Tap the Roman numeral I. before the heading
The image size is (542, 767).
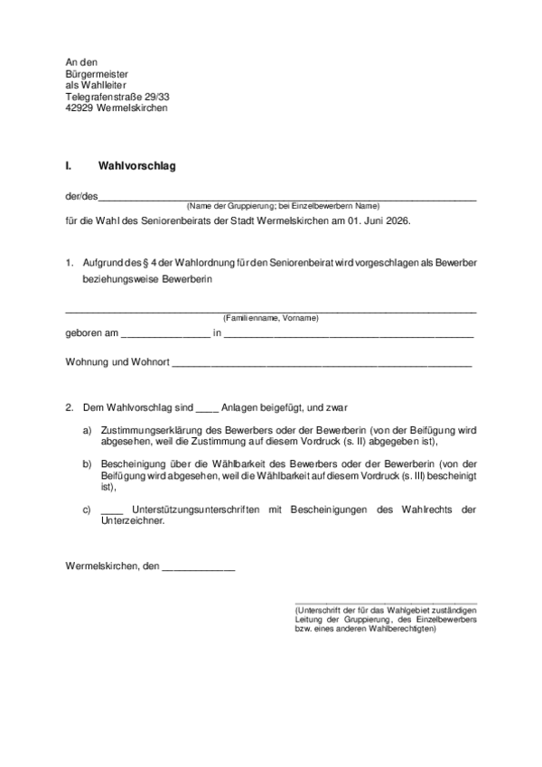pos(69,166)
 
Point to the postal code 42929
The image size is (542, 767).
pos(79,108)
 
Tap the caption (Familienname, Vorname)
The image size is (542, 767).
pos(270,318)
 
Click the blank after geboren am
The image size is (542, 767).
pos(164,335)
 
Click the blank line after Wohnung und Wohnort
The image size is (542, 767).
pos(321,364)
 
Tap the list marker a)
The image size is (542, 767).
pos(88,430)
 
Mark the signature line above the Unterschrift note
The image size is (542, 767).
pos(386,603)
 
